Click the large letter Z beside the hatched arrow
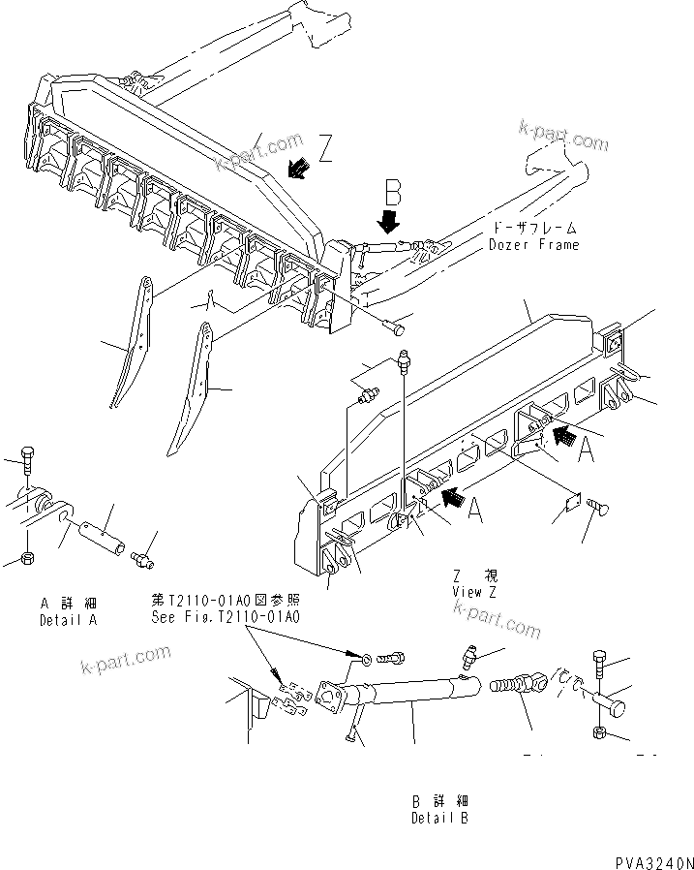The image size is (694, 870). pos(326,148)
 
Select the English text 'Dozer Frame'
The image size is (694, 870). pos(533,245)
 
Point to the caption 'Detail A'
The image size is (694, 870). pos(69,619)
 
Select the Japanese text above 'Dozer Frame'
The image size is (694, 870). pos(535,229)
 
